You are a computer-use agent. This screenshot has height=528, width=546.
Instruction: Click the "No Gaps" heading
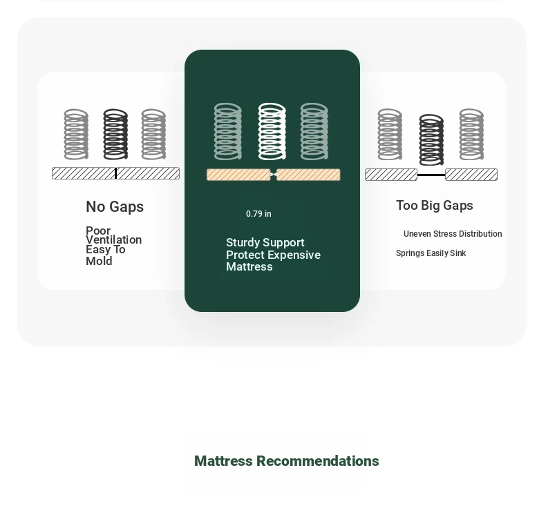115,206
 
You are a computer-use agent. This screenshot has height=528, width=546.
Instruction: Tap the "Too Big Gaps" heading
434,206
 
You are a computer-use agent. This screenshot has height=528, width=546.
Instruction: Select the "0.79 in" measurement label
258,214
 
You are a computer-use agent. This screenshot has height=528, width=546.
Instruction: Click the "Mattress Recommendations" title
286,461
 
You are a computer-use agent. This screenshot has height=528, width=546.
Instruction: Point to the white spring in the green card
272,131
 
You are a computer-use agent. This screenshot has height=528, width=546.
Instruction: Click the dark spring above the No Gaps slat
115,135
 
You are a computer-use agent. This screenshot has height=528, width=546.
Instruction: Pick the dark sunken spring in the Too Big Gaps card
431,140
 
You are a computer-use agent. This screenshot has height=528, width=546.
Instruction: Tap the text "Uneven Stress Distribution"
453,234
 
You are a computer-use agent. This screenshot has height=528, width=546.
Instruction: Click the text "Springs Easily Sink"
431,253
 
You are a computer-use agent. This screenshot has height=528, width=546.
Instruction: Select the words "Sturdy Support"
265,242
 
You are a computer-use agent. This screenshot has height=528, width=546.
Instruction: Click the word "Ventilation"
113,240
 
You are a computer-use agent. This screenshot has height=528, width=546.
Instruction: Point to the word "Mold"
99,261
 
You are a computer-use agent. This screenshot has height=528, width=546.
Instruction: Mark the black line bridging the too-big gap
431,175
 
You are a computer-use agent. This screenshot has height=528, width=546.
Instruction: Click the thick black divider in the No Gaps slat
115,173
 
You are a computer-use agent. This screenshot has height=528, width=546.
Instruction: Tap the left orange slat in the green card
238,175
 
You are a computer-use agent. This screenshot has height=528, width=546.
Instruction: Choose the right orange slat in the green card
308,175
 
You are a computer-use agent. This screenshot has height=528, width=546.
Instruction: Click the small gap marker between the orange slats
274,175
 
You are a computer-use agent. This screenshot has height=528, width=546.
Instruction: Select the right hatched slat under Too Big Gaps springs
471,175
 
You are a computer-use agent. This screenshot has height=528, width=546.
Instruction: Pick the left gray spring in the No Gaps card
76,135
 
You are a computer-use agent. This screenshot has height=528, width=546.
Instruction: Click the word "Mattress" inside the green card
250,267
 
